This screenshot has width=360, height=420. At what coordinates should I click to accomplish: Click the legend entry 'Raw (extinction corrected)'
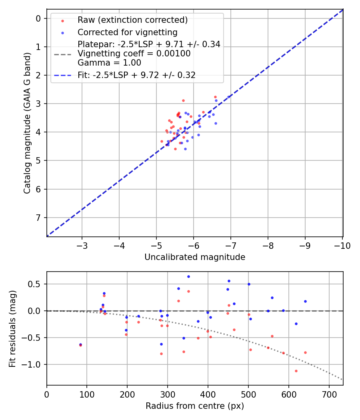[x=132, y=20]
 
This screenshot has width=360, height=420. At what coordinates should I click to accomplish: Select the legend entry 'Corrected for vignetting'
[x=127, y=32]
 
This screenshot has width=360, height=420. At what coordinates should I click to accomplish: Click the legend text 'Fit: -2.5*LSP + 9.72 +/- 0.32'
[x=136, y=75]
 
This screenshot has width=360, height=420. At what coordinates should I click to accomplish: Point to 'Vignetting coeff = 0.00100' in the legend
[x=134, y=54]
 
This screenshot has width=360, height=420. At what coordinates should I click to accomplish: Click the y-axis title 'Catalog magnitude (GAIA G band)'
[x=27, y=122]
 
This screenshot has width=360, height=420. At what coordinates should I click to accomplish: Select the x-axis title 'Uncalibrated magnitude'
[x=195, y=257]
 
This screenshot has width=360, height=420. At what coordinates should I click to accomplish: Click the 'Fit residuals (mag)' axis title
[x=12, y=329]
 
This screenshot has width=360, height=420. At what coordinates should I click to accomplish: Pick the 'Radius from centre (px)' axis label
[x=195, y=406]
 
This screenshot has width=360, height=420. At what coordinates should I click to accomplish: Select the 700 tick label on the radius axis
[x=329, y=394]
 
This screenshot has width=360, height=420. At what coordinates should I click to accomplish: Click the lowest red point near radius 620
[x=296, y=371]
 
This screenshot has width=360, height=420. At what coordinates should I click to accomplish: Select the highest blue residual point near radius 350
[x=188, y=276]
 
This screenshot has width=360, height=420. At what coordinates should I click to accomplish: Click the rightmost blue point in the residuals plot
[x=305, y=301]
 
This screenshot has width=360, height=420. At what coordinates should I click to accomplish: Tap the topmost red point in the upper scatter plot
[x=215, y=97]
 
